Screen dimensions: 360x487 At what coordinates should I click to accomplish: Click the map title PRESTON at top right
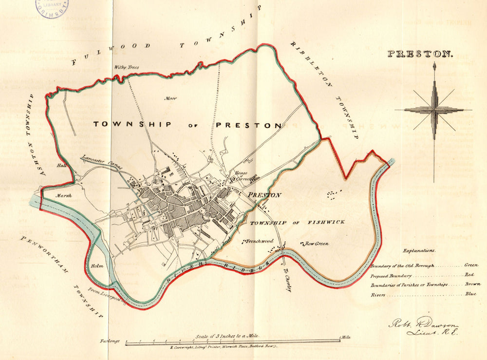pos(420,54)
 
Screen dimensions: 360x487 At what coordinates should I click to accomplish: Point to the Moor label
pos(170,98)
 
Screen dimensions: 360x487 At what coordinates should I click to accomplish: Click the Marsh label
pos(63,195)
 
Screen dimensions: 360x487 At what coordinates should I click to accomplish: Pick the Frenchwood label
pos(260,241)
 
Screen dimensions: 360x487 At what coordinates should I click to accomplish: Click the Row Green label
pos(317,244)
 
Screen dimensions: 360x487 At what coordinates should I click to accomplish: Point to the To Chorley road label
pos(288,282)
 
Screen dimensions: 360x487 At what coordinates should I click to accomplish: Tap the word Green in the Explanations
pos(471,265)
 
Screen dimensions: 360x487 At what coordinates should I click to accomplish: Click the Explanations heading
pos(419,250)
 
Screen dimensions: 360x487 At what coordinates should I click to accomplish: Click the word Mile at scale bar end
pos(346,336)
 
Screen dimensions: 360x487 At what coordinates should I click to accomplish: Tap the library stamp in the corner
pos(51,7)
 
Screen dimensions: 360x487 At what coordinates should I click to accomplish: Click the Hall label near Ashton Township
pos(61,166)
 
